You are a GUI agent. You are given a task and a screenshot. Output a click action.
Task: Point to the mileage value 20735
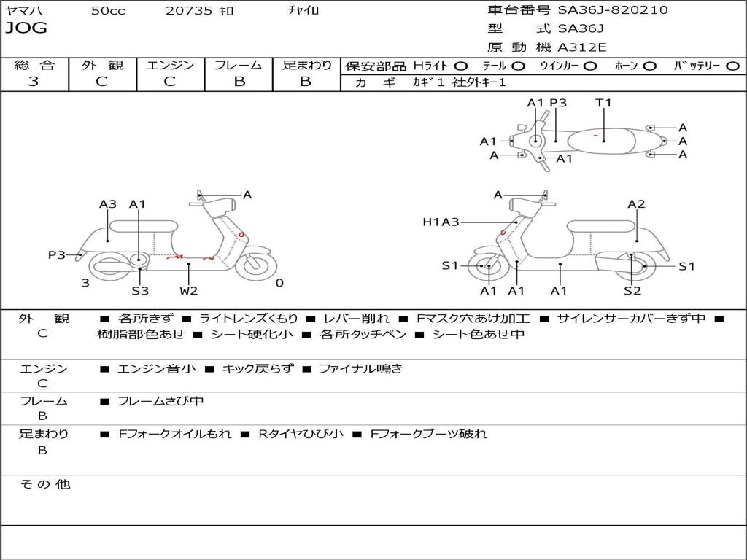coord(189,11)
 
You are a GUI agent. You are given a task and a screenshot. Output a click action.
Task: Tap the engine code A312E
coord(581,48)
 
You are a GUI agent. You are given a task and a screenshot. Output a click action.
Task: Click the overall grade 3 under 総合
coord(34,82)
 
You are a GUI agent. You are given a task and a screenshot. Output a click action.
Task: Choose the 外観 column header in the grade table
coord(102,66)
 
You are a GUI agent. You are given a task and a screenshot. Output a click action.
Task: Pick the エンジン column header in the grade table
coord(170,66)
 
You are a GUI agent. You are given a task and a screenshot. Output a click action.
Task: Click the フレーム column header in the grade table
coord(239,66)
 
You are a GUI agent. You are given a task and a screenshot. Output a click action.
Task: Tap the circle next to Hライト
coord(461,66)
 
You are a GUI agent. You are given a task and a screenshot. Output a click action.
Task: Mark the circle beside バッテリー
coord(733,66)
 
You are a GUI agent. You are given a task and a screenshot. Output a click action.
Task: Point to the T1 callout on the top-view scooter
coord(603,103)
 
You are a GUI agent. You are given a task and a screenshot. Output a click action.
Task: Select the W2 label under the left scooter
coord(189,291)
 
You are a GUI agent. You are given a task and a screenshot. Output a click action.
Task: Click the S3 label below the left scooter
coord(140,291)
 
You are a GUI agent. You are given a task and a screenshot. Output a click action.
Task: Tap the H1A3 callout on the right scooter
coord(441,222)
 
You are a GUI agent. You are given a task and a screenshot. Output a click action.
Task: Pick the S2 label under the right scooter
coord(632,291)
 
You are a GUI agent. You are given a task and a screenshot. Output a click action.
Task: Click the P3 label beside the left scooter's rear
coord(57,255)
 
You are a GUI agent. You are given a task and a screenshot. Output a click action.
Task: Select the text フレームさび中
coord(160,401)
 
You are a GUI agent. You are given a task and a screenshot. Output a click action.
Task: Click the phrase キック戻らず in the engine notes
coord(258,369)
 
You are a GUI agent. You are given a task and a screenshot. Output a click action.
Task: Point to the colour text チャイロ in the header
coord(303,10)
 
